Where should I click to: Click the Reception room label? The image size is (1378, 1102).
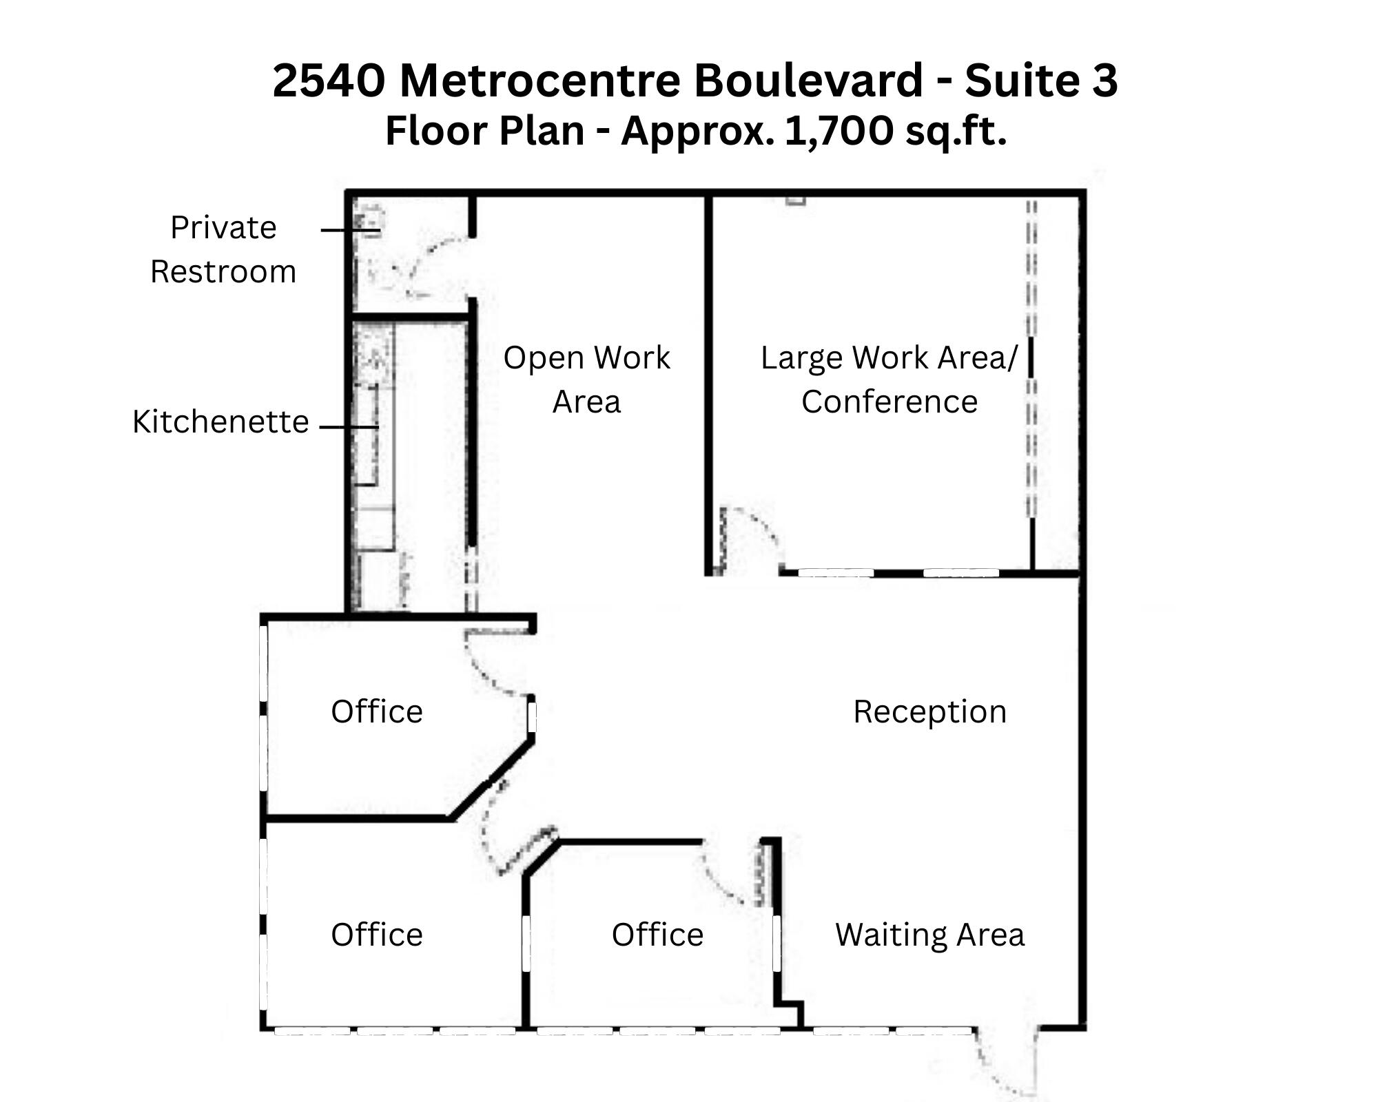click(929, 711)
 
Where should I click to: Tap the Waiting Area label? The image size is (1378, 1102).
click(929, 935)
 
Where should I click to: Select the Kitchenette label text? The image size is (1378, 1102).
click(220, 422)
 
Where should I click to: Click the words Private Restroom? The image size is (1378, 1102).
click(223, 249)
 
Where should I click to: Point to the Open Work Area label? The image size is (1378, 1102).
click(586, 379)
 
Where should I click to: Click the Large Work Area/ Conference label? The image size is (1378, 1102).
click(889, 379)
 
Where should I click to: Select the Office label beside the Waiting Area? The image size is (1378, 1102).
click(657, 935)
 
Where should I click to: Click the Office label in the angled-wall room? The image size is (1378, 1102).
click(376, 711)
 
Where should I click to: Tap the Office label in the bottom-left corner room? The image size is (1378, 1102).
click(376, 935)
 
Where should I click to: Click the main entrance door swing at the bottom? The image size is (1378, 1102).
click(999, 1064)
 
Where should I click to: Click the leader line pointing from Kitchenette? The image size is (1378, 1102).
click(349, 427)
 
